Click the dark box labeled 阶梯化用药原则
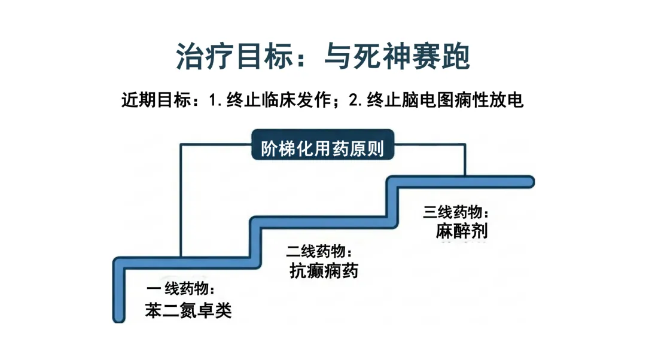click(x=322, y=145)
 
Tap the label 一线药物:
click(x=181, y=289)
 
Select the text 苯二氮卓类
click(x=188, y=310)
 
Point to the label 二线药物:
click(x=319, y=251)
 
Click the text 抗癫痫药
click(x=324, y=271)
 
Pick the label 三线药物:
click(x=456, y=212)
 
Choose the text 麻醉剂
click(x=461, y=231)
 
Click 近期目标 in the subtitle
click(x=156, y=100)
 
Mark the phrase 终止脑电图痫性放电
click(x=446, y=100)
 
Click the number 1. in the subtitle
click(x=215, y=100)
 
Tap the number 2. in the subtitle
click(x=356, y=100)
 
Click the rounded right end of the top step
click(x=531, y=182)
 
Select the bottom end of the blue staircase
click(x=119, y=318)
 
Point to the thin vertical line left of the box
click(x=181, y=200)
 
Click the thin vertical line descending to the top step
click(x=465, y=160)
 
